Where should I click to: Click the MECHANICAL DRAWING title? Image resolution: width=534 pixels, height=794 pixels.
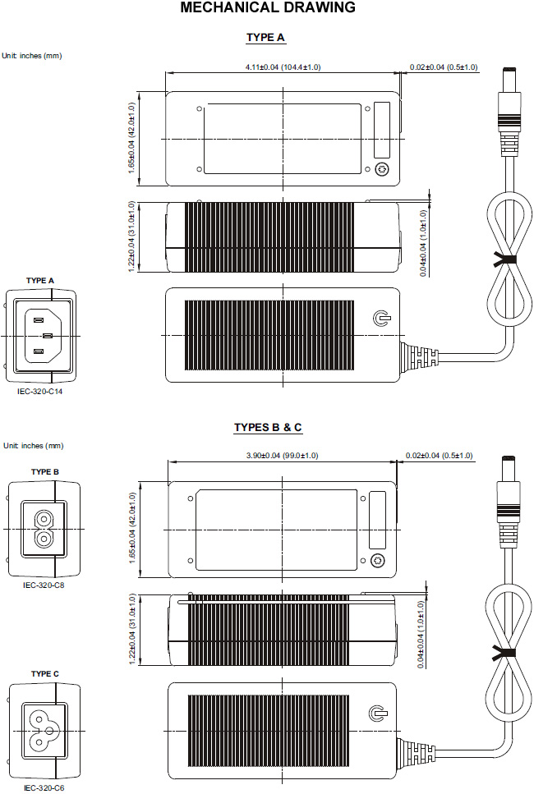268,7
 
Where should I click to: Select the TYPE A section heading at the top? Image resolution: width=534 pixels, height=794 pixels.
265,38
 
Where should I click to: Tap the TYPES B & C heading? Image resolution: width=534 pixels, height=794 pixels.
268,428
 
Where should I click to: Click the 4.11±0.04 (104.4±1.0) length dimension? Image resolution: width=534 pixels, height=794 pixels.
283,67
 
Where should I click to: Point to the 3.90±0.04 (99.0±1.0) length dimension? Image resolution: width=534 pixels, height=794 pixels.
283,455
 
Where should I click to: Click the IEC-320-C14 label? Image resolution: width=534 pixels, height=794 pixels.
40,392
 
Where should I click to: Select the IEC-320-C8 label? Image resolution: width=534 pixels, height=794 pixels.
44,585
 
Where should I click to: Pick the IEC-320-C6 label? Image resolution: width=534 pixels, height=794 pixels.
44,788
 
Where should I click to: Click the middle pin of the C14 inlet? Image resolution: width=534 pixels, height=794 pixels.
48,335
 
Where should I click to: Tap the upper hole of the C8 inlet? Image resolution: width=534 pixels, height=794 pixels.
44,520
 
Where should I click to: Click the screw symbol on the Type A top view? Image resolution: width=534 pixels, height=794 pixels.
382,169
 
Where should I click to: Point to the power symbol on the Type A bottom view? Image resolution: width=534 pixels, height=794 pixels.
381,319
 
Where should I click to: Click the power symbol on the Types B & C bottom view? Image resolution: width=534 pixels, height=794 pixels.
379,713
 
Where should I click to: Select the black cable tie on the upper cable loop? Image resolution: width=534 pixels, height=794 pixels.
505,261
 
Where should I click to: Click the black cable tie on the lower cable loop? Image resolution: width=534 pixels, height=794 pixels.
504,654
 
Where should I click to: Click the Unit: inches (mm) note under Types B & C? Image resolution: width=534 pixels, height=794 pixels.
34,446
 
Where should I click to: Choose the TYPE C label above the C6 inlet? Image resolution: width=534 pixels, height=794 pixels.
44,673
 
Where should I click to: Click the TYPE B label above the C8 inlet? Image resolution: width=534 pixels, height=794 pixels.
44,472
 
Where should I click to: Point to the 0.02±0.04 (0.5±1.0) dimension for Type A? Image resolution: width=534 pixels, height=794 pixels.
444,67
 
